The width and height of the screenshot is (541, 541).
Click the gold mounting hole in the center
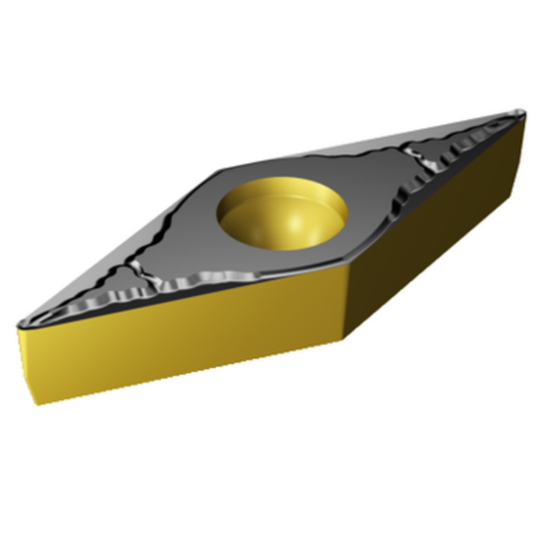coord(282,214)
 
